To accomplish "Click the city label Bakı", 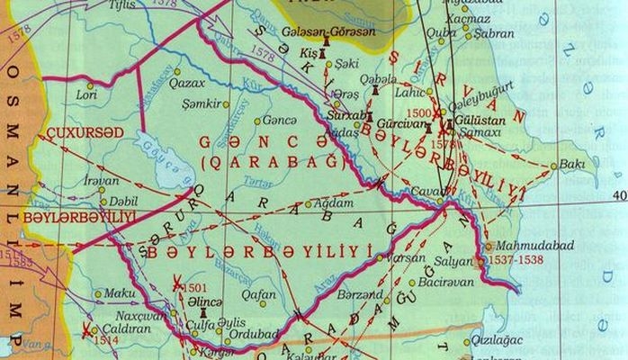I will pos(572,165).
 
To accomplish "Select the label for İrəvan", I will pos(101,180).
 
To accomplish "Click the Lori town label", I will pos(87,93).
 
